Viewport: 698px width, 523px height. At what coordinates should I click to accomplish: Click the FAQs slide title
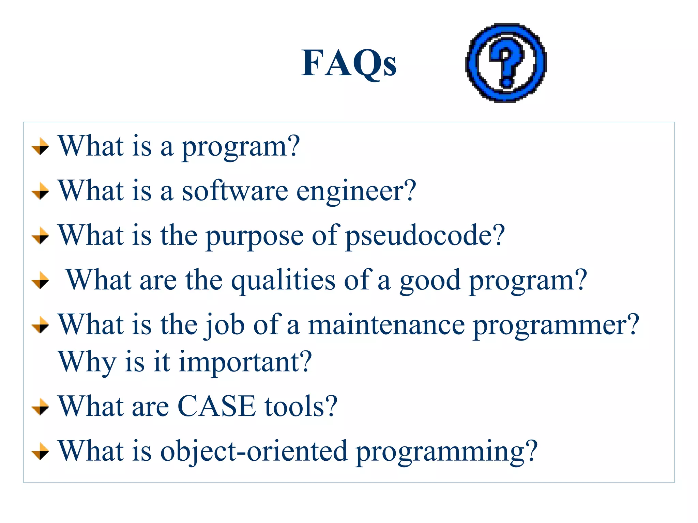(349, 63)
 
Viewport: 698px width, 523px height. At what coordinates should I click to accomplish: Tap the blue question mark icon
(506, 63)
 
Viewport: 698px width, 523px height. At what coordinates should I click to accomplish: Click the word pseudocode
(425, 236)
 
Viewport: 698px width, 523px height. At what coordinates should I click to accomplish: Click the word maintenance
(386, 325)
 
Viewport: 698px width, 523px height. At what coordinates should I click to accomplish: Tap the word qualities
(283, 281)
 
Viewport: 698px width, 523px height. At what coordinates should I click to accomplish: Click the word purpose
(255, 236)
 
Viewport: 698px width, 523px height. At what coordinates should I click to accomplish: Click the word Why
(87, 362)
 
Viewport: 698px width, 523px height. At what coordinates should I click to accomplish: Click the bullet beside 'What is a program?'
(40, 146)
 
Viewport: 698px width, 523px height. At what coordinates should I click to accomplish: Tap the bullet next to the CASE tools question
(40, 407)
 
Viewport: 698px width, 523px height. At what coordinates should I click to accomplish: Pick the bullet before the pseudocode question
(40, 236)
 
